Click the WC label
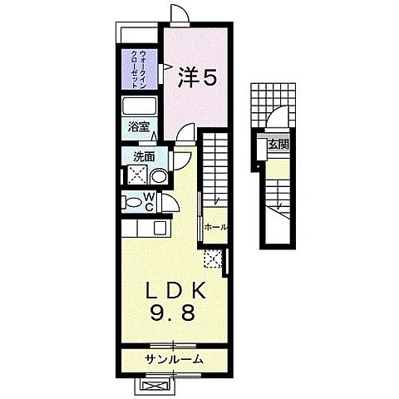[150, 200]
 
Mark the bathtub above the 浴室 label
[139, 107]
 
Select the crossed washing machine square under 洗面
[135, 175]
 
